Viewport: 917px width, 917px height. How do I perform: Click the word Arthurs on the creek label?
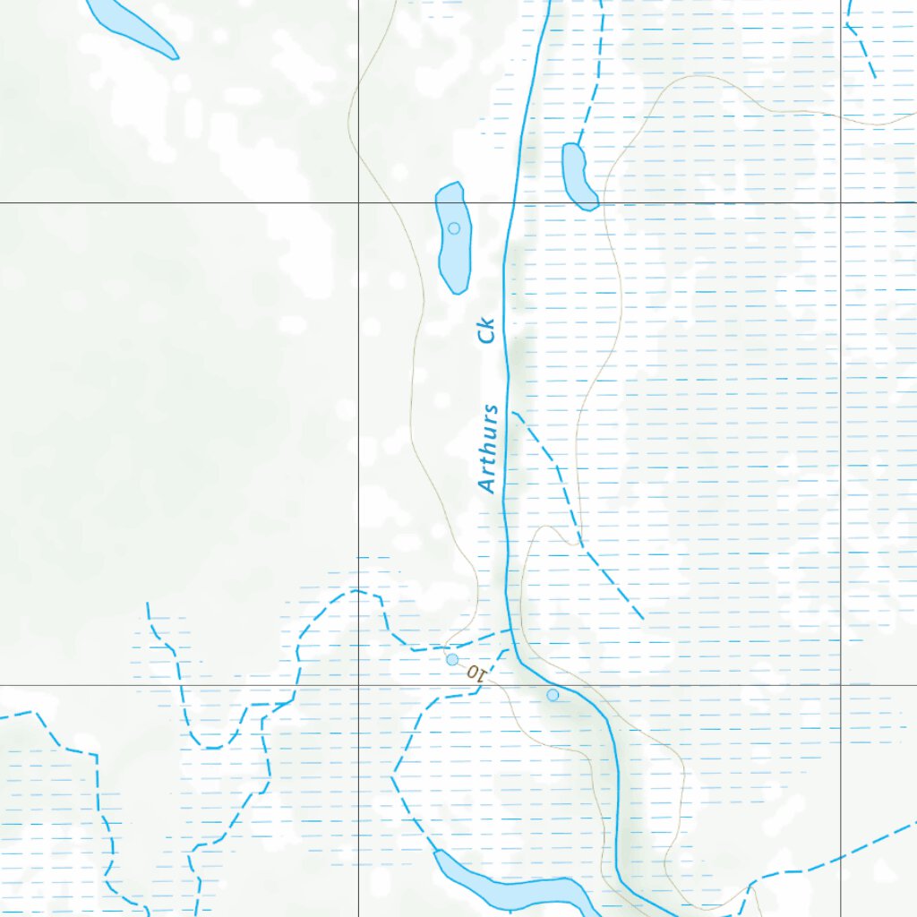click(x=487, y=449)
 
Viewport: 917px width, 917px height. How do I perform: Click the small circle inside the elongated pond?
click(x=454, y=228)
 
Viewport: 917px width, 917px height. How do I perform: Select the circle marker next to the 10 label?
click(x=452, y=660)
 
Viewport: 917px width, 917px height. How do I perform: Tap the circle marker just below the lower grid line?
click(x=553, y=695)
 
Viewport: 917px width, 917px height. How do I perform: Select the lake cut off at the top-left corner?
click(x=134, y=25)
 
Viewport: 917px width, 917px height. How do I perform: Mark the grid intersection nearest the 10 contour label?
click(x=359, y=685)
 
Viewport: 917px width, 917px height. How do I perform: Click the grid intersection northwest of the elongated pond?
click(x=359, y=203)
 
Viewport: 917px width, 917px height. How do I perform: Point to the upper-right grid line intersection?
click(x=841, y=203)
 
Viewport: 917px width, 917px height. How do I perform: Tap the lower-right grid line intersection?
click(x=841, y=685)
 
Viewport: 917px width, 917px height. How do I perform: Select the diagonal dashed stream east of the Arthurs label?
click(x=582, y=537)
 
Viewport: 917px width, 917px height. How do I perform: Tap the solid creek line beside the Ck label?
click(x=508, y=331)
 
